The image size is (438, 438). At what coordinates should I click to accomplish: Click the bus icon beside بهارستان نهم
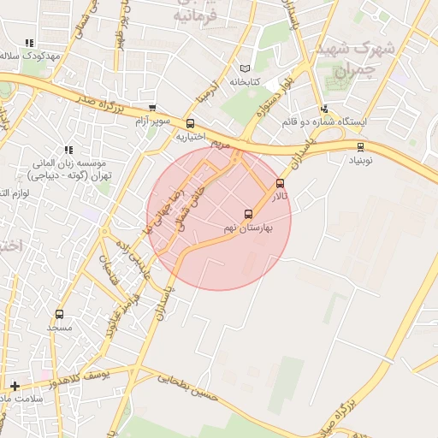click(x=249, y=214)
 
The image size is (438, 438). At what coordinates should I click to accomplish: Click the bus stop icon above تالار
click(x=280, y=183)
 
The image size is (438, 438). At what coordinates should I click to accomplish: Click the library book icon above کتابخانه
click(x=246, y=68)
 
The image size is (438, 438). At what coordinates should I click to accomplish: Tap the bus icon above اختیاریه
click(x=190, y=123)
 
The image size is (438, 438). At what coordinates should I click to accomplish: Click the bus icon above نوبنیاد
click(x=360, y=147)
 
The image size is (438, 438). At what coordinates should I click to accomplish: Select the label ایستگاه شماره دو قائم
click(x=325, y=121)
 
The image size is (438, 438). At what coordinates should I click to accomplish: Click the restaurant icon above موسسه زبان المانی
click(x=68, y=150)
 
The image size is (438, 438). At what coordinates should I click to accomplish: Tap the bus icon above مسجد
click(x=59, y=314)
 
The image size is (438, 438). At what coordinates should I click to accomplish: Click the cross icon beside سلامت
click(x=15, y=386)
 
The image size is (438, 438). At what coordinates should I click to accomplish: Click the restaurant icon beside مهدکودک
click(x=28, y=43)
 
